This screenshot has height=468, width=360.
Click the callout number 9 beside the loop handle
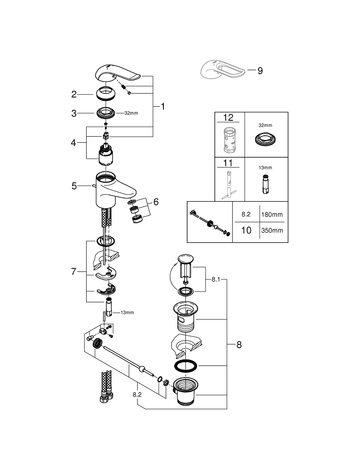[260, 71]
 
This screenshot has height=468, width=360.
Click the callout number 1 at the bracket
[162, 107]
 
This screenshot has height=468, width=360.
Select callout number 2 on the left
[74, 95]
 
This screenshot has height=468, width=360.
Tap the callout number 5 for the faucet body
[74, 186]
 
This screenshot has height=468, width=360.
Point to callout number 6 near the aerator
[156, 202]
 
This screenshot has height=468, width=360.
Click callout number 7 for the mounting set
[73, 272]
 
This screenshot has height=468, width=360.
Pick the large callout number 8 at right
[239, 345]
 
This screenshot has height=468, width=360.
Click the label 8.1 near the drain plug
[216, 279]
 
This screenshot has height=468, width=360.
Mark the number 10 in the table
[246, 230]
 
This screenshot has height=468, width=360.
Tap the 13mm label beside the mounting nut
[127, 312]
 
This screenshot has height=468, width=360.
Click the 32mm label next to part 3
[131, 113]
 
